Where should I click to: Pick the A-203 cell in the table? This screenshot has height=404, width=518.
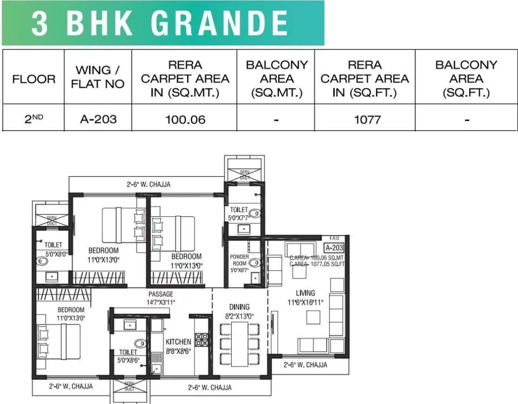[x=98, y=120]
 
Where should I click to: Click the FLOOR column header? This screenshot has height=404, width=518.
[x=33, y=79]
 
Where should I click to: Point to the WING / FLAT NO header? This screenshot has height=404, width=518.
[x=98, y=77]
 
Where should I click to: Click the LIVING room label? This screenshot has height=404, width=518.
[x=305, y=293]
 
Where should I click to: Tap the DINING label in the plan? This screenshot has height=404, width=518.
[x=239, y=307]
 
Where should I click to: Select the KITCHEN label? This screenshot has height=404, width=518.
[x=178, y=342]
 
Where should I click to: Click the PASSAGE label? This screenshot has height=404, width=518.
[x=161, y=294]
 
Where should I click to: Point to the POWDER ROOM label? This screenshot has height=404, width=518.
[x=239, y=260]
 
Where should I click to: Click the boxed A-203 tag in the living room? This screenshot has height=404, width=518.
[x=334, y=248]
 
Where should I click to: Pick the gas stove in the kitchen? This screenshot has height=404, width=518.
[x=201, y=339]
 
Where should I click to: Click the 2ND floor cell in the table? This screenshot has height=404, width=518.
[x=33, y=120]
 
